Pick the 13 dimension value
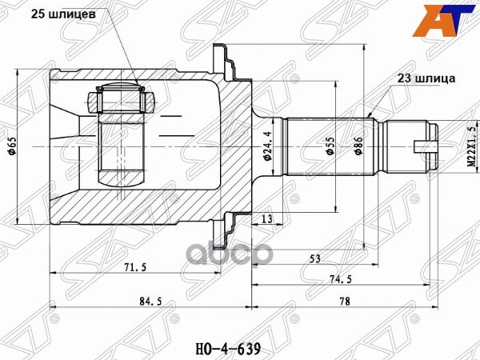point(264,218)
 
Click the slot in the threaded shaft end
point(426,145)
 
